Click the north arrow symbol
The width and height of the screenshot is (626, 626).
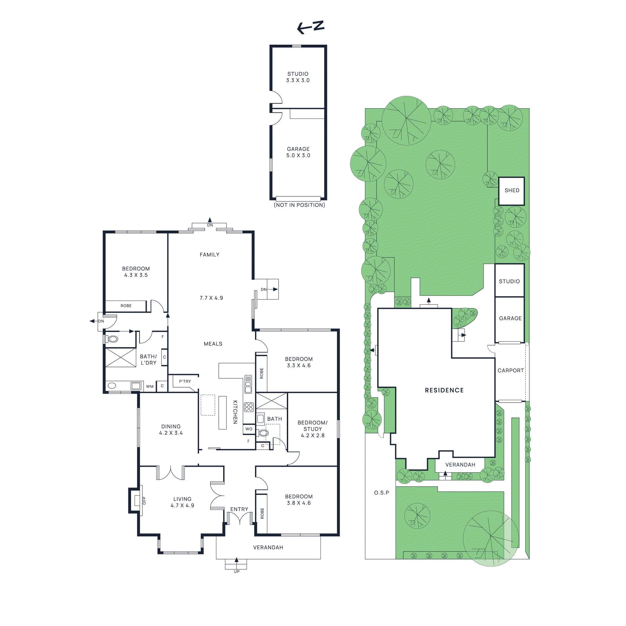click(311, 27)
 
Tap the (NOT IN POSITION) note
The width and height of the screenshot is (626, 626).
click(299, 205)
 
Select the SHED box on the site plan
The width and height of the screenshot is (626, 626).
click(511, 191)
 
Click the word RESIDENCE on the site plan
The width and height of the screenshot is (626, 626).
click(444, 390)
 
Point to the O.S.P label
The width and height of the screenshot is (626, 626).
click(381, 493)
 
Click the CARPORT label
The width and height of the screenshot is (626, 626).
click(510, 370)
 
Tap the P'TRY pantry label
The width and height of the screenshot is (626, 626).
click(185, 381)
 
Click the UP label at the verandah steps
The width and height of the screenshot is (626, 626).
click(236, 572)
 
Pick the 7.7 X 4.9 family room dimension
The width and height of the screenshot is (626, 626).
click(211, 298)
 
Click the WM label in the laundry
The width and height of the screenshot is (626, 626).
click(150, 386)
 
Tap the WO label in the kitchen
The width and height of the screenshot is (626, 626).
click(249, 429)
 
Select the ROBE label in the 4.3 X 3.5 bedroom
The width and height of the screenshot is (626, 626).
click(126, 306)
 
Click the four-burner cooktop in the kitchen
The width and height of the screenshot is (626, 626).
click(249, 407)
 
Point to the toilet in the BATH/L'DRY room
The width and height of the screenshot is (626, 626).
click(113, 339)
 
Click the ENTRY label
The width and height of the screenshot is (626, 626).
click(239, 509)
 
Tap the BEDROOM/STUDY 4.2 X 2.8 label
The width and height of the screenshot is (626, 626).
click(312, 429)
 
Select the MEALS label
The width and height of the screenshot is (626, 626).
click(213, 344)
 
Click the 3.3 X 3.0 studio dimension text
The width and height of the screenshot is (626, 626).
click(298, 80)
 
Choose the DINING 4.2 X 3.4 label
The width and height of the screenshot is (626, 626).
click(171, 430)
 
